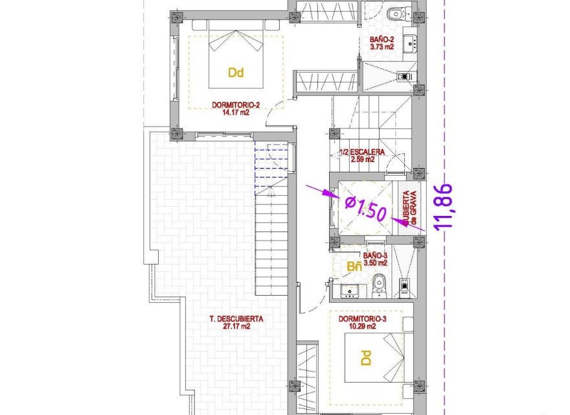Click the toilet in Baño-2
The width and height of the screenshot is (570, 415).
(x=396, y=13)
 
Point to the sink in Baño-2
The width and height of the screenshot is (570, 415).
(x=409, y=44)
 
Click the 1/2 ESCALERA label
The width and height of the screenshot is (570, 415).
(x=361, y=152)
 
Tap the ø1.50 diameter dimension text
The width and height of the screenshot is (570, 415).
(x=366, y=208)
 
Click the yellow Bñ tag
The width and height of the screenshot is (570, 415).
(x=354, y=267)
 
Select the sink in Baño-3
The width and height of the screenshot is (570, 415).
(x=350, y=290)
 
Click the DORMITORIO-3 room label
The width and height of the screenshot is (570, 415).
(x=362, y=319)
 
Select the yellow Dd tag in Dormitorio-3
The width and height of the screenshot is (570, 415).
(x=365, y=357)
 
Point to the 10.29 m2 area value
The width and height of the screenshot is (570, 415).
(x=362, y=327)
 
